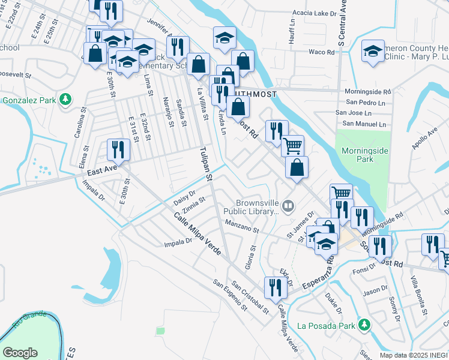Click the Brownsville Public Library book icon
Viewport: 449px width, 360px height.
[x=289, y=207]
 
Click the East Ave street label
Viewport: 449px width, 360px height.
[x=100, y=172]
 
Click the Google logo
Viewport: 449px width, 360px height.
[x=20, y=353]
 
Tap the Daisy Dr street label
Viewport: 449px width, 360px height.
[x=184, y=197]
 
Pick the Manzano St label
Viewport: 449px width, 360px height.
[x=242, y=226]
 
